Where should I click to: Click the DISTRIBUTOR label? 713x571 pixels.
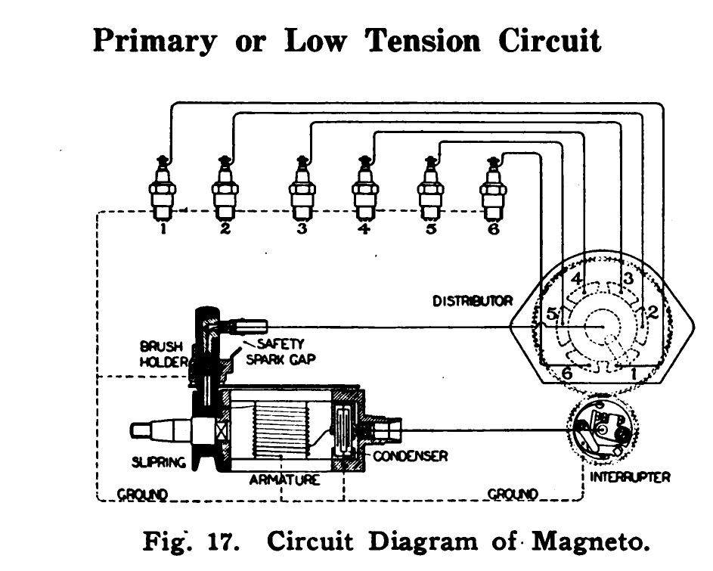[x=472, y=301]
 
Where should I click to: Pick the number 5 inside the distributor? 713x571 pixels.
[x=551, y=313]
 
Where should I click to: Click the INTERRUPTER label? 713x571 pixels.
[x=630, y=477]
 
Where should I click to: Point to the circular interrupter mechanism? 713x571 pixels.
[x=603, y=430]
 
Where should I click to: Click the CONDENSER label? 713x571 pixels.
[x=411, y=456]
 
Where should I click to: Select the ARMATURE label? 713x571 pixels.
[x=284, y=479]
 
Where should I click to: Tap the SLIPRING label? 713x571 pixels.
[x=159, y=462]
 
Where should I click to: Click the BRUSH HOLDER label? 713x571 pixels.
[x=163, y=354]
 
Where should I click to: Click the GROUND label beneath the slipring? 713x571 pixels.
[x=142, y=494]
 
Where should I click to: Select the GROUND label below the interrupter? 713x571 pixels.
[x=513, y=494]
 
